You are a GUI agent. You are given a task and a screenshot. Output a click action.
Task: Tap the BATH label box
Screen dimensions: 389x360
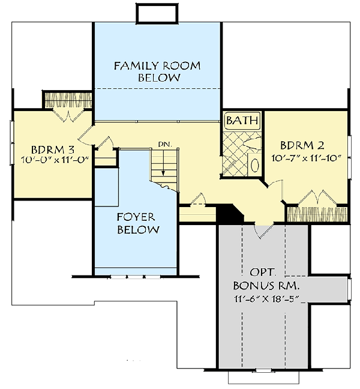242,121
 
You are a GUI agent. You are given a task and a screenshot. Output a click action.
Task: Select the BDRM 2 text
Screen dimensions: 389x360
302,145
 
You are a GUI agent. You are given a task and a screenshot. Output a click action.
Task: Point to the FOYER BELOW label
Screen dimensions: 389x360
138,223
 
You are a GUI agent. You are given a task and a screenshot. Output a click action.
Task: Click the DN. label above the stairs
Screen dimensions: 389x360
164,144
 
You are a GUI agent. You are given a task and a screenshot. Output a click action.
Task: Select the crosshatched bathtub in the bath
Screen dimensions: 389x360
234,153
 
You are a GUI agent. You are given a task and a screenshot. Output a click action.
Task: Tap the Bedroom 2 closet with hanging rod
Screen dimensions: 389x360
316,213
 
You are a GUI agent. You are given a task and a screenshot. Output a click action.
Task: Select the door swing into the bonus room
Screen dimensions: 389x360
263,229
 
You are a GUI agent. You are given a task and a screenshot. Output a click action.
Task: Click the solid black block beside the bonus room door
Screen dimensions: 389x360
229,212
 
